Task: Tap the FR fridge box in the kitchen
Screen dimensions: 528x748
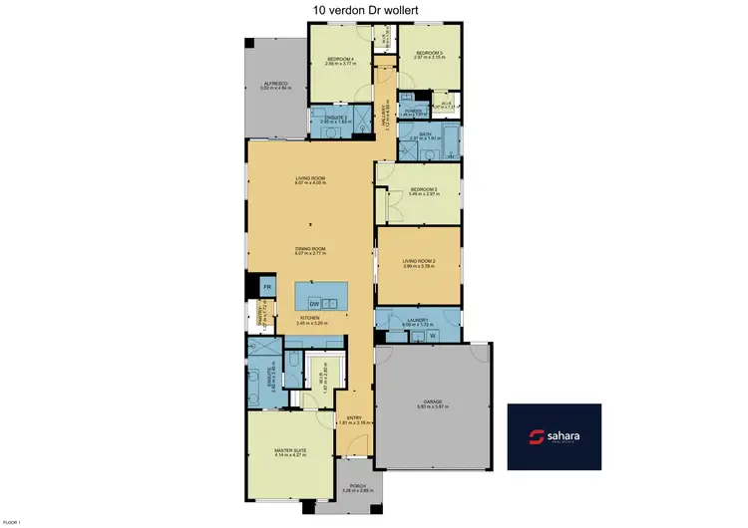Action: pos(266,287)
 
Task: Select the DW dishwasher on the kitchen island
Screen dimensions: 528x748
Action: pos(314,303)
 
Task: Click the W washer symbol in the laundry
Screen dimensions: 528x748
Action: pos(433,336)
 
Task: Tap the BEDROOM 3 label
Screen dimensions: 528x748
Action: pos(429,53)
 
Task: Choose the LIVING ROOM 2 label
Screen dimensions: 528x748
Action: pos(418,261)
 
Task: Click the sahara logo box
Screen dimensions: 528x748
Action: pos(555,436)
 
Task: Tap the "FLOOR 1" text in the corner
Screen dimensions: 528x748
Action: pos(12,522)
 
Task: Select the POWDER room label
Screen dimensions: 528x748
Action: pos(410,111)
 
